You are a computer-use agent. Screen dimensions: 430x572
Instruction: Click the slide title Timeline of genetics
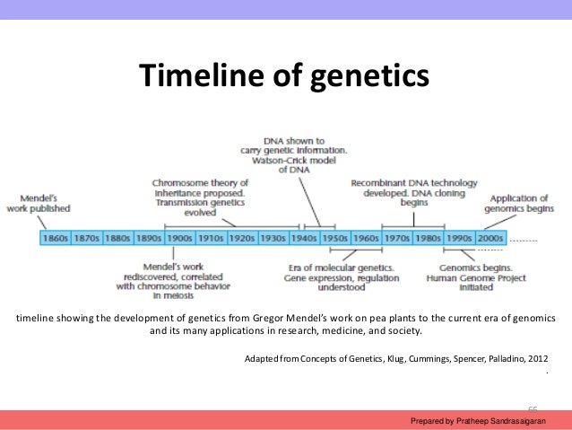click(284, 77)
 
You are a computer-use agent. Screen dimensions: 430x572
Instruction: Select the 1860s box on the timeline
click(56, 239)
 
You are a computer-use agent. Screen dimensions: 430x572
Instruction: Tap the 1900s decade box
click(180, 239)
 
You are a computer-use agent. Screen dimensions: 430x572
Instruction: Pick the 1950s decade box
click(335, 239)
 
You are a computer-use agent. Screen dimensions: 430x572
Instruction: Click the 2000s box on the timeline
click(490, 239)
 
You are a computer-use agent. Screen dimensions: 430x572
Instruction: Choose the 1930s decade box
click(273, 239)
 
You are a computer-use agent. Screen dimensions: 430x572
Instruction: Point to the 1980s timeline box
click(429, 239)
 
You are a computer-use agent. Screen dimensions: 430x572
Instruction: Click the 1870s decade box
click(87, 239)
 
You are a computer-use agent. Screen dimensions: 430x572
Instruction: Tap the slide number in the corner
click(531, 406)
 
